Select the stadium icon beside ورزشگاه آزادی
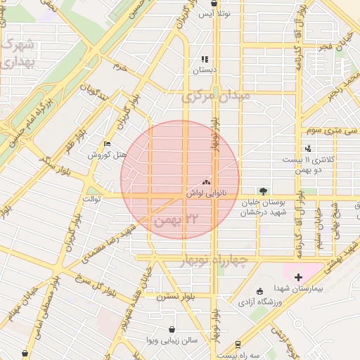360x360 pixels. point(259,291)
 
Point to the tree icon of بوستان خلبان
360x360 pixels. point(263,190)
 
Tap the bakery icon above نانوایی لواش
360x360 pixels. point(207,181)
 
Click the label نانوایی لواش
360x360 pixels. point(207,192)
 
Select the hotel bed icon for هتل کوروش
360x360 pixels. point(106,143)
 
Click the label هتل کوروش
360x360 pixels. point(106,155)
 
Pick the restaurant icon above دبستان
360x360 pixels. point(204,60)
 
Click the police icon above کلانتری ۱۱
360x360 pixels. point(308,148)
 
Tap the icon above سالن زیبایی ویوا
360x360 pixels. point(172,329)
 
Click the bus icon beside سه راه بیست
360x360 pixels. point(238,345)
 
